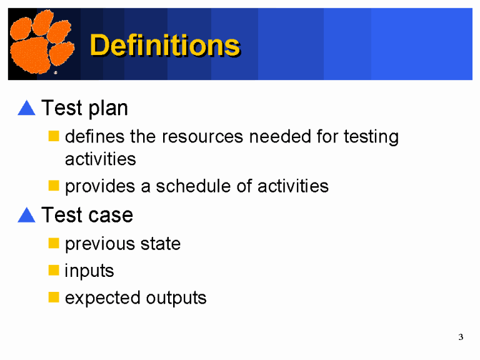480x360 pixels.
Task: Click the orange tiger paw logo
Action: point(41,44)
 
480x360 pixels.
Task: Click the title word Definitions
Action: point(165,45)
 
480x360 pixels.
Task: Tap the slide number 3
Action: point(461,337)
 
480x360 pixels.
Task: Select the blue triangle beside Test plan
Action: point(26,108)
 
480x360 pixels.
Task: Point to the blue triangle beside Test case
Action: point(26,215)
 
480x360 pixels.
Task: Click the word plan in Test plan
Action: point(107,109)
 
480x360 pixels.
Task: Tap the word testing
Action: point(371,137)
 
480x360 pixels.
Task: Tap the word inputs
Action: point(89,271)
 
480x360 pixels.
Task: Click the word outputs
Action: point(176,298)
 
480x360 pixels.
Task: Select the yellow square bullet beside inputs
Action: point(54,271)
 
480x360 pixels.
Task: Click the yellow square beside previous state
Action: point(54,243)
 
